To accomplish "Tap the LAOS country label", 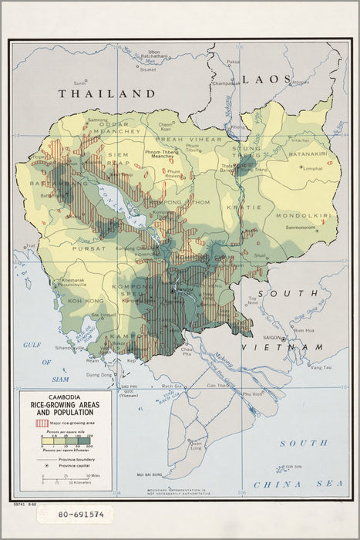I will click(266, 79).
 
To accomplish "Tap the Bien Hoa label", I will click(302, 330).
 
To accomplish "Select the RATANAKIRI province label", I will click(309, 154).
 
